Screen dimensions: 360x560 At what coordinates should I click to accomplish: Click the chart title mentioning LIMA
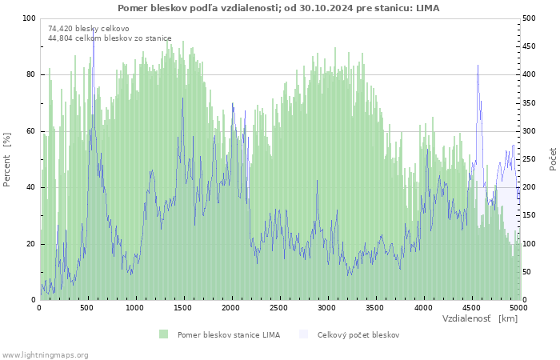click(x=278, y=8)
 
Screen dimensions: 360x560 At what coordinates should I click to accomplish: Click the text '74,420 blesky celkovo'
click(x=89, y=28)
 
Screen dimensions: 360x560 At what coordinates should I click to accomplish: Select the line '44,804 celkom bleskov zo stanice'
click(x=110, y=38)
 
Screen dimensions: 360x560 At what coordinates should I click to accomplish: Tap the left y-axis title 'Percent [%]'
click(x=7, y=160)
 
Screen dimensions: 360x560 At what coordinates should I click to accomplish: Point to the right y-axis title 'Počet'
click(x=553, y=158)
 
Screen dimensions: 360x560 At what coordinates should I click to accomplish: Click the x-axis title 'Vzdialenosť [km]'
click(x=480, y=318)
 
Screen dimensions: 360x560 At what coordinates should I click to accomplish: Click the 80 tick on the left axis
click(x=31, y=74)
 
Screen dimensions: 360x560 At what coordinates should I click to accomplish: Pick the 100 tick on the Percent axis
click(x=29, y=18)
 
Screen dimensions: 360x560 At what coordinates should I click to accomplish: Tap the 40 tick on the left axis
click(x=31, y=187)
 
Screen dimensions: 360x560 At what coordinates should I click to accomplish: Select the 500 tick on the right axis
click(x=529, y=18)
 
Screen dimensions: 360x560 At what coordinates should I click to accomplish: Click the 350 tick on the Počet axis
click(x=529, y=103)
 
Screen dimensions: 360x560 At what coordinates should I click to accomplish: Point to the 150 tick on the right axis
click(x=529, y=216)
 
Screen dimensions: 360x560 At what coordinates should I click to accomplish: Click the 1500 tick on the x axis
click(x=183, y=307)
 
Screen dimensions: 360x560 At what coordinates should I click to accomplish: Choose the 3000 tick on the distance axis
click(x=326, y=307)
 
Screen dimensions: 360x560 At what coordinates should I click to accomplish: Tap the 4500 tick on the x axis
click(x=470, y=307)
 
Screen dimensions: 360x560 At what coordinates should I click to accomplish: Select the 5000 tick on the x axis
click(x=518, y=307)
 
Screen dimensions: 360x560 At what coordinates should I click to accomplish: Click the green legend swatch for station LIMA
click(x=163, y=334)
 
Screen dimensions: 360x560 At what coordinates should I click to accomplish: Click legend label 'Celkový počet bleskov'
click(x=358, y=334)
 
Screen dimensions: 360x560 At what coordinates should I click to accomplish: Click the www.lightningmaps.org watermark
click(x=45, y=354)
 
